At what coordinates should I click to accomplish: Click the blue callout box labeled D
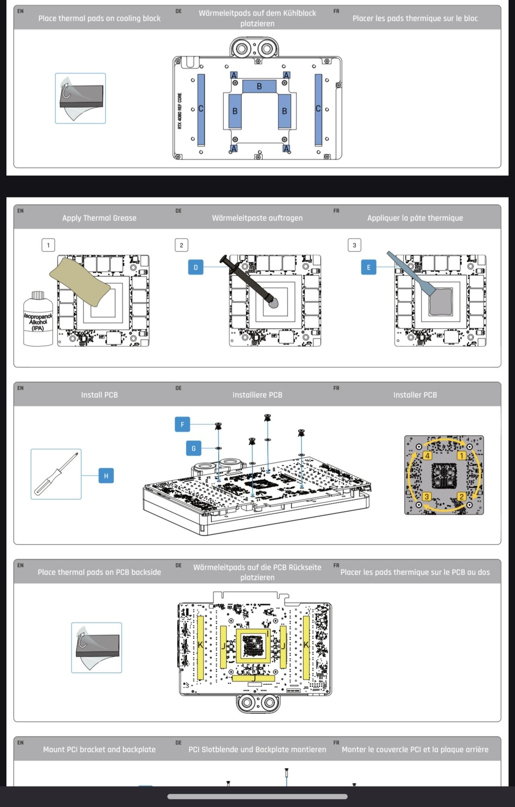click(x=196, y=267)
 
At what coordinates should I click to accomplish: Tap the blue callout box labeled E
click(x=369, y=267)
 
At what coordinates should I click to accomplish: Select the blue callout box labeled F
click(x=182, y=424)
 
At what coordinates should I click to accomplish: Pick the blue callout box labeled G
click(x=194, y=448)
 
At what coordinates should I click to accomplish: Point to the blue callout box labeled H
click(x=106, y=476)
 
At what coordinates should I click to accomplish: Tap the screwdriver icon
click(x=56, y=474)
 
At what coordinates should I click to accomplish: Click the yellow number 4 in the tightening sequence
click(x=427, y=456)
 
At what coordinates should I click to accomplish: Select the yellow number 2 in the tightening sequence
click(x=461, y=496)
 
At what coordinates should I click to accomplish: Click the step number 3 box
click(x=354, y=245)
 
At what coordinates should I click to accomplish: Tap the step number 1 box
click(x=48, y=245)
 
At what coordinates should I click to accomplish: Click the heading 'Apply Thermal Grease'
click(x=99, y=218)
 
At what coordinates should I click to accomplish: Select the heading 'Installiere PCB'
click(x=257, y=395)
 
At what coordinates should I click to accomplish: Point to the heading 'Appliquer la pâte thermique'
click(x=415, y=218)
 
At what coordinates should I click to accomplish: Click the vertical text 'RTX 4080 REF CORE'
click(x=179, y=111)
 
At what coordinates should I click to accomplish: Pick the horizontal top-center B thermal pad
click(x=259, y=86)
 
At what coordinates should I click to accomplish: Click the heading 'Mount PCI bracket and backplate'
click(x=99, y=749)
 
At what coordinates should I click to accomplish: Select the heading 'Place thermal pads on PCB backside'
click(x=99, y=572)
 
